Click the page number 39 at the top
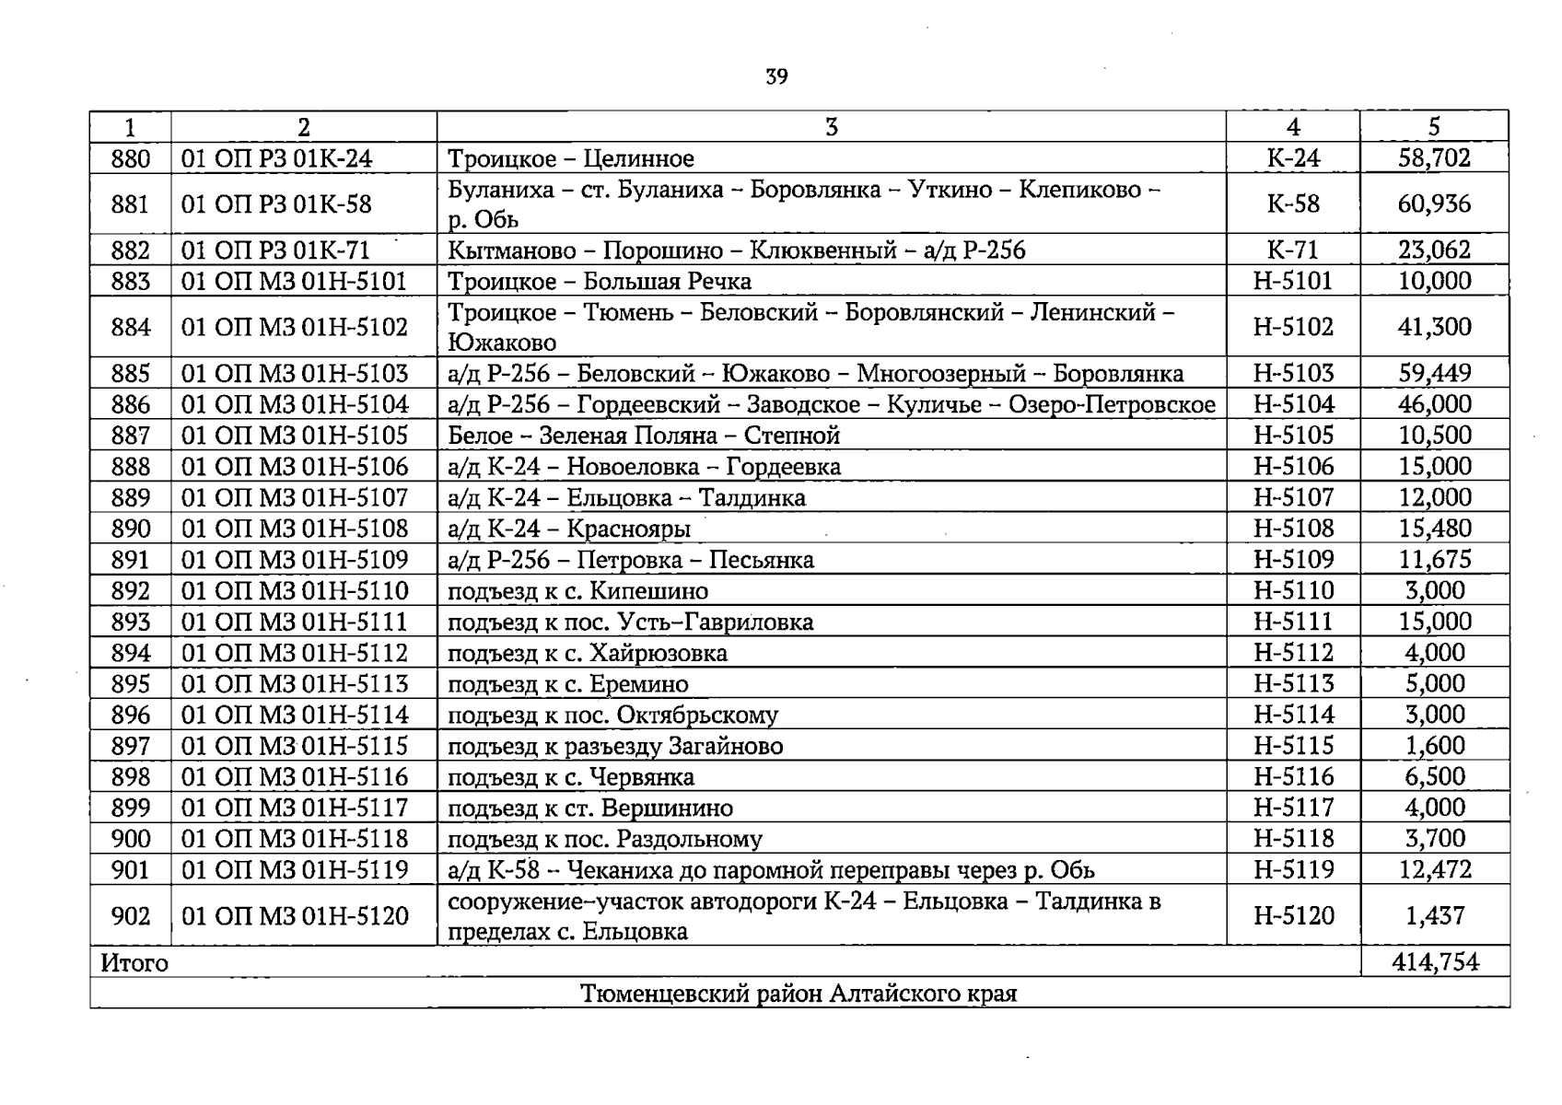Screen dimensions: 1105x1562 click(x=776, y=76)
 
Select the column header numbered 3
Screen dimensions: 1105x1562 click(x=831, y=127)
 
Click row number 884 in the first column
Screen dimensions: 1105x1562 click(x=130, y=327)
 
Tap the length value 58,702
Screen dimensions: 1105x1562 click(x=1434, y=158)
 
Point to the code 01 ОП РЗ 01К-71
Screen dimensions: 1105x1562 click(x=275, y=250)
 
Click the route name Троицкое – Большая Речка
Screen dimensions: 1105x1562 click(x=599, y=282)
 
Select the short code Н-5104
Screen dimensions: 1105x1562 click(x=1292, y=404)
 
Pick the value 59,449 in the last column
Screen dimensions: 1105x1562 click(x=1434, y=373)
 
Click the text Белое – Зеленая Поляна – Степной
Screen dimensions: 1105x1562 click(x=643, y=436)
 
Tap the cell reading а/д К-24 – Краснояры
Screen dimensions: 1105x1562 click(x=568, y=529)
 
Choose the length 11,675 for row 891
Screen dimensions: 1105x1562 click(x=1434, y=560)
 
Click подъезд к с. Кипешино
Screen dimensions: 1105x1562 click(x=577, y=591)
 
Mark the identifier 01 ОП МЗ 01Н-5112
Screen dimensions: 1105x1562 click(x=294, y=653)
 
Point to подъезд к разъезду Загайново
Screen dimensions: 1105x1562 click(x=614, y=746)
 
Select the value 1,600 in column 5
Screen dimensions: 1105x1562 click(x=1434, y=746)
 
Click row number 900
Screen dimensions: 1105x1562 click(x=130, y=839)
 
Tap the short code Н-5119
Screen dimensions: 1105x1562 click(x=1292, y=869)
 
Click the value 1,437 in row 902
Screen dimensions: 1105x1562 click(x=1434, y=915)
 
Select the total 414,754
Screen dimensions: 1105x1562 click(x=1434, y=962)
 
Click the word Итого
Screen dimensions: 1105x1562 click(x=134, y=963)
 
